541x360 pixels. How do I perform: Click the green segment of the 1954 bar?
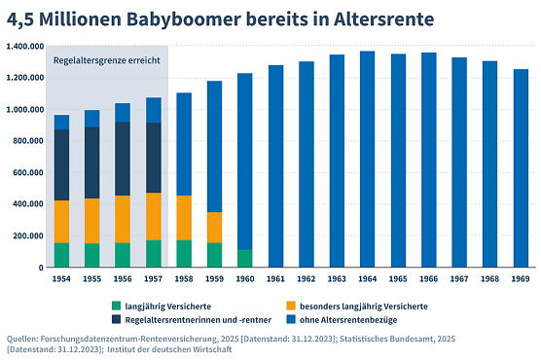(x=62, y=254)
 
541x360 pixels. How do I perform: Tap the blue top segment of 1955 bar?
(x=92, y=118)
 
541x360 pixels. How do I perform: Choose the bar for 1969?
(x=520, y=167)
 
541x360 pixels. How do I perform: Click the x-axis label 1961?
(x=276, y=277)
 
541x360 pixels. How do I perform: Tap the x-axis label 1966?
(x=428, y=277)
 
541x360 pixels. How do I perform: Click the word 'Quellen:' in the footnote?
(x=24, y=339)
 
